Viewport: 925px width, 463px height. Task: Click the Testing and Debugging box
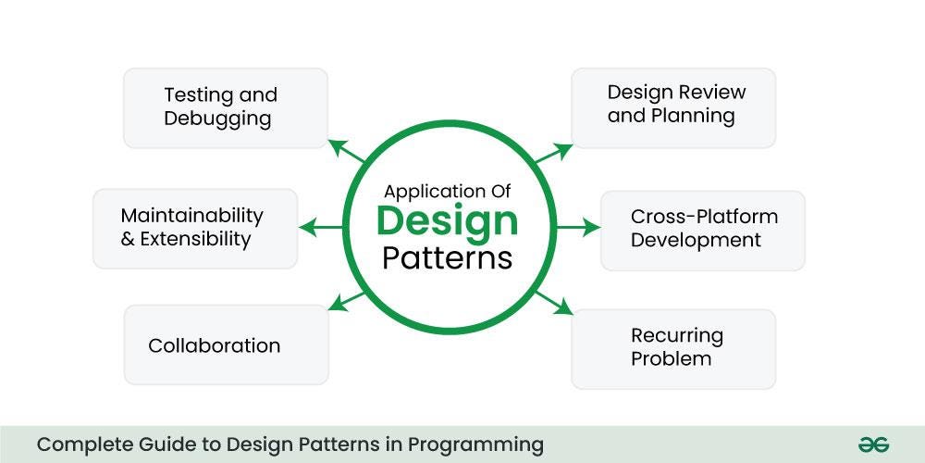tap(226, 107)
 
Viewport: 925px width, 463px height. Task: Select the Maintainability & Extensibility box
tap(195, 228)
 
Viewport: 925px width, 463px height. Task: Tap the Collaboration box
tap(226, 345)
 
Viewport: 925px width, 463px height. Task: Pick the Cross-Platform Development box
tap(703, 230)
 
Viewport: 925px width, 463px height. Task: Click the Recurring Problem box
tap(672, 348)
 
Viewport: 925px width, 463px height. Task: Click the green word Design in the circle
tap(447, 221)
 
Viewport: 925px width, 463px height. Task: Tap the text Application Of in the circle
tap(447, 192)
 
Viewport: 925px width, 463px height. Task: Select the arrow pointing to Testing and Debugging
tap(348, 154)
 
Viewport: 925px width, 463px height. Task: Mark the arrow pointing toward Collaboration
tap(348, 301)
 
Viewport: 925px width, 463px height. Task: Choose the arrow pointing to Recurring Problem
tap(554, 301)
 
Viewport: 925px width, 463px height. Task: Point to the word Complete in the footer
tap(78, 444)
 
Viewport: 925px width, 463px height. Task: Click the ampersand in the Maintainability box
tap(128, 240)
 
